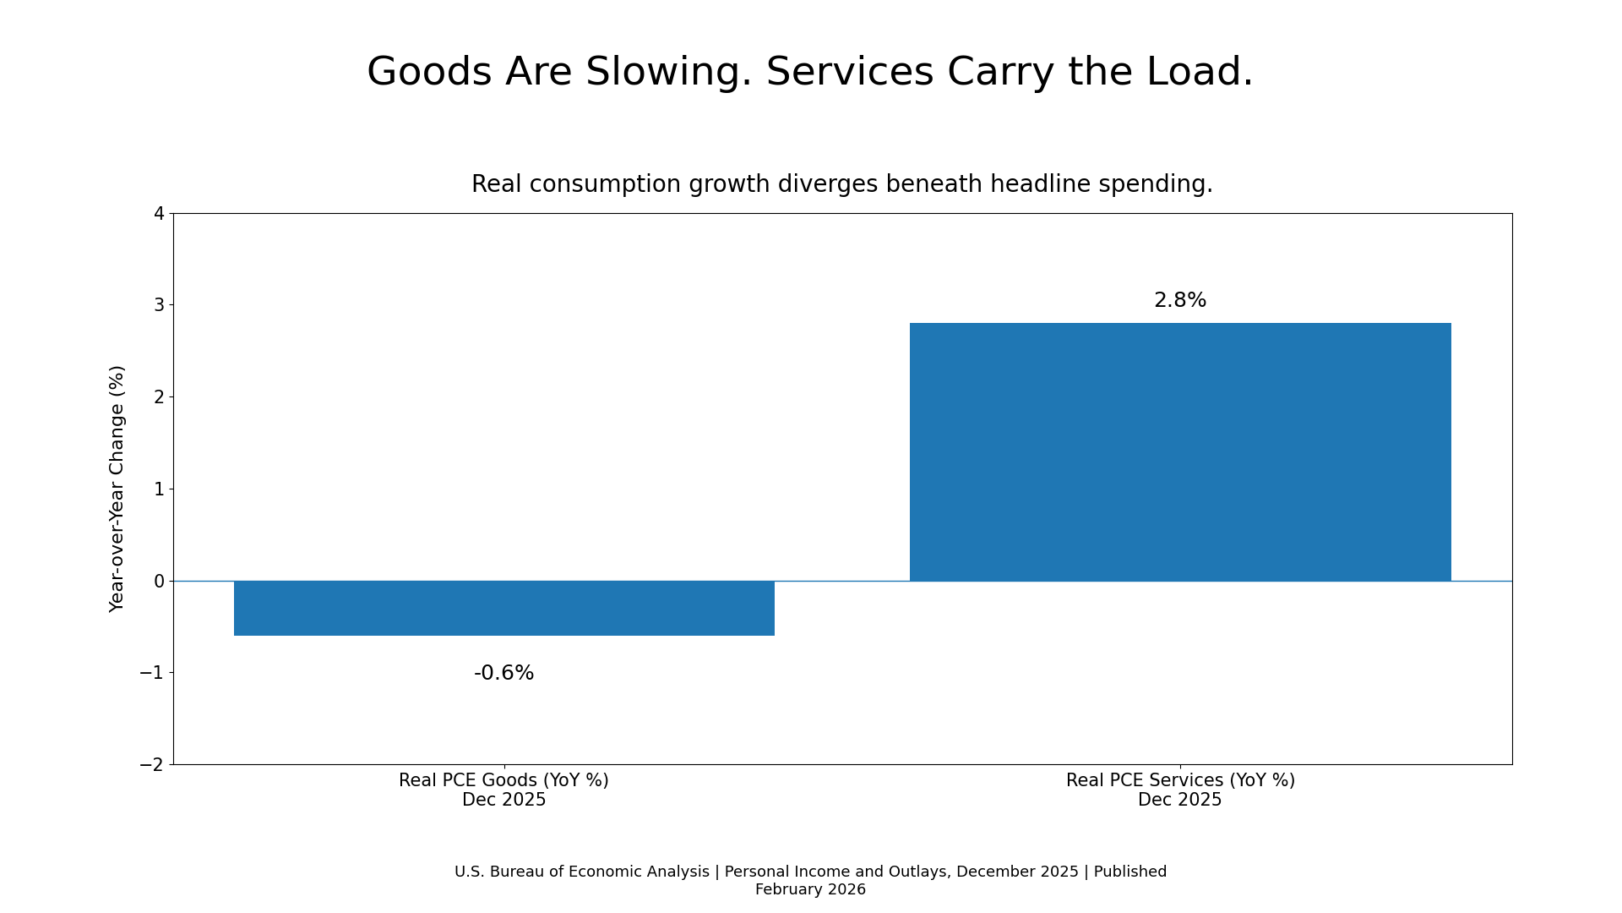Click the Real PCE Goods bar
click(x=503, y=608)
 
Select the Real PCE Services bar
click(x=1179, y=451)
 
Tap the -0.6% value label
click(x=503, y=673)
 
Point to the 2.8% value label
click(x=1179, y=300)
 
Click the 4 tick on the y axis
click(x=159, y=214)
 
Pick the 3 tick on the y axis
click(x=159, y=305)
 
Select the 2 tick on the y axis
click(x=159, y=397)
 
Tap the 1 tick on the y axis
click(x=159, y=489)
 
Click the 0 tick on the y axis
click(x=159, y=582)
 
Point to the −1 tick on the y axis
click(x=152, y=673)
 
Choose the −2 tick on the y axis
click(x=152, y=765)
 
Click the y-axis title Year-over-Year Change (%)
click(x=117, y=489)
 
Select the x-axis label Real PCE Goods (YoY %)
click(x=503, y=780)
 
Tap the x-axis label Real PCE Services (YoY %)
click(x=1179, y=780)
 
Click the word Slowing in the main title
click(x=667, y=73)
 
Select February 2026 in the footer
click(x=810, y=889)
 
